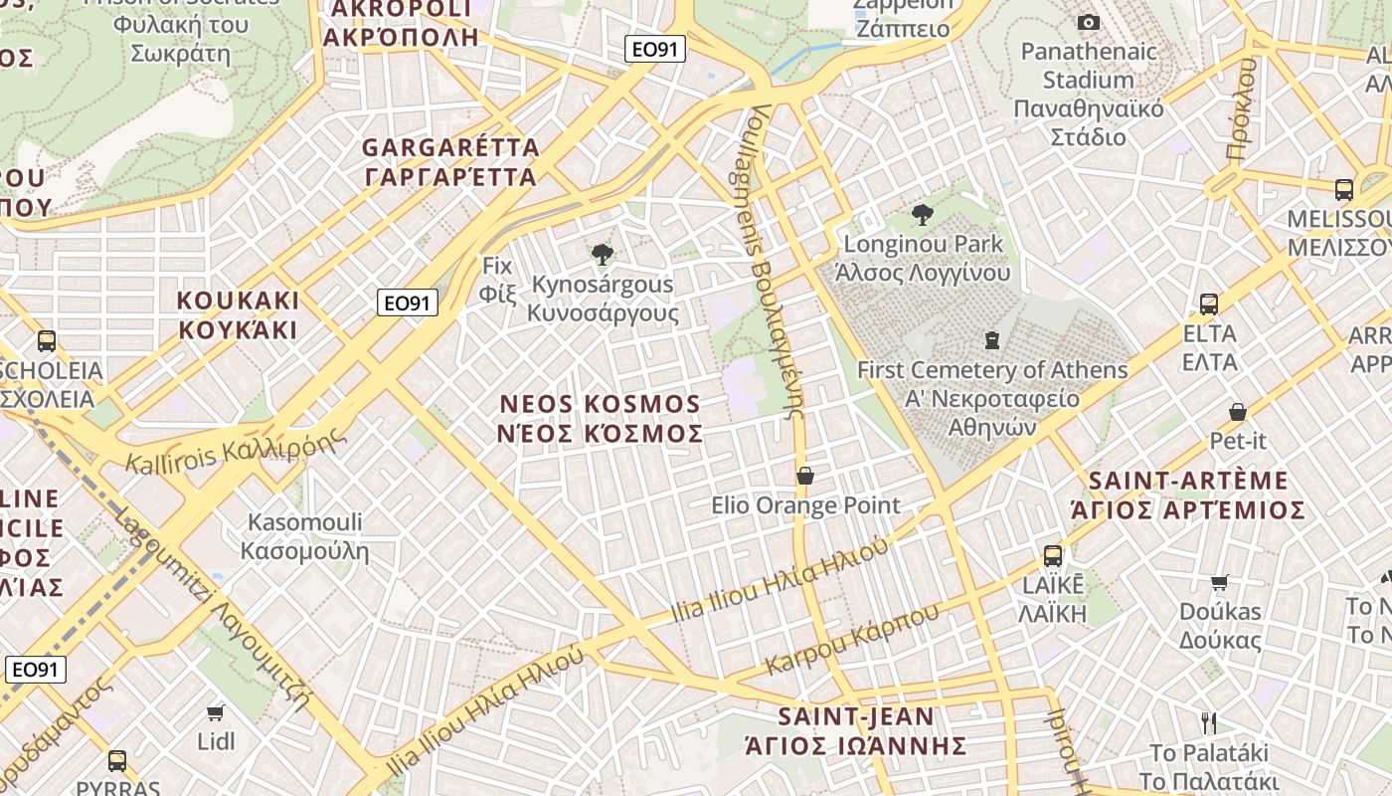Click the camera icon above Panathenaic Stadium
click(x=1089, y=22)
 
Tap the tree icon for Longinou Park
click(x=923, y=214)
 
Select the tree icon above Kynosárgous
click(x=602, y=255)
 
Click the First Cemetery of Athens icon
click(x=991, y=340)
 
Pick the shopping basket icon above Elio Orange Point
click(x=805, y=477)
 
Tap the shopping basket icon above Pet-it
click(x=1238, y=411)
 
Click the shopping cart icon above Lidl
click(x=216, y=712)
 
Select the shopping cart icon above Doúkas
click(x=1220, y=582)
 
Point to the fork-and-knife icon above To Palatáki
click(x=1209, y=722)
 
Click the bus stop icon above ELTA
click(x=1209, y=304)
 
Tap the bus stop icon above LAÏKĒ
click(x=1053, y=556)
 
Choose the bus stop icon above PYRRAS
click(x=117, y=761)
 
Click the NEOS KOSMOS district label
click(x=601, y=419)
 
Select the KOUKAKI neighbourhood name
click(x=238, y=314)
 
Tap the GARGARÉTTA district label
click(x=450, y=162)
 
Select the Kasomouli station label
click(x=304, y=536)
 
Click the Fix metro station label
click(x=496, y=280)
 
